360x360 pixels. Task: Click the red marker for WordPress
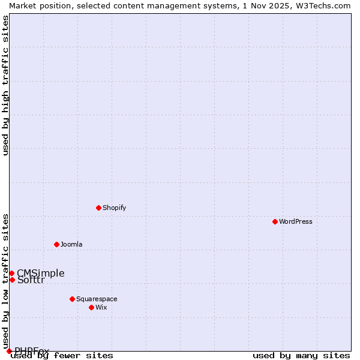click(275, 221)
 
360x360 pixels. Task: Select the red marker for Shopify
click(98, 208)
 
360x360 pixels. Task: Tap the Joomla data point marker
click(56, 244)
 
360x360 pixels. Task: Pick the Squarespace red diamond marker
click(72, 299)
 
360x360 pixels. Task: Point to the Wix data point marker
click(91, 307)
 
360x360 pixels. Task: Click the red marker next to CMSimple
click(11, 273)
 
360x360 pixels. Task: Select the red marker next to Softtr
click(12, 280)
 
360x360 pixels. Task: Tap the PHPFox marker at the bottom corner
click(9, 351)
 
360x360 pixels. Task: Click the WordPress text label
click(296, 221)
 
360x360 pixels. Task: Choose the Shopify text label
click(114, 208)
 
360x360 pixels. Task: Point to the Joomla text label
click(71, 244)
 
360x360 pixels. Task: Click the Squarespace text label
click(97, 299)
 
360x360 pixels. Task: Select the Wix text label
click(101, 307)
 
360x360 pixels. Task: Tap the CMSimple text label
click(41, 273)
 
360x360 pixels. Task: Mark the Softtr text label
click(31, 280)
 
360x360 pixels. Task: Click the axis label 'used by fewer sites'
click(62, 356)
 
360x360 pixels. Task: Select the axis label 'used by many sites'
click(301, 356)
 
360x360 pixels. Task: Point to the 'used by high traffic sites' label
click(5, 85)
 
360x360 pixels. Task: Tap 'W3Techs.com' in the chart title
click(322, 5)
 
